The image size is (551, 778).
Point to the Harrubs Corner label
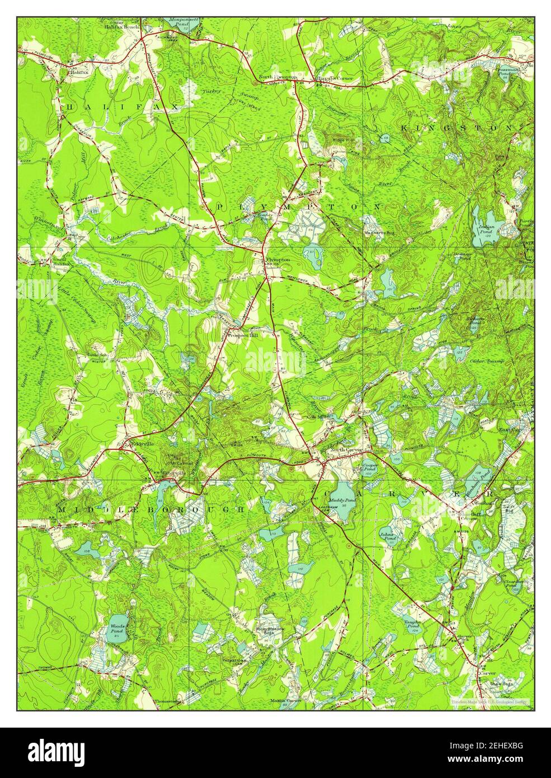336,78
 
